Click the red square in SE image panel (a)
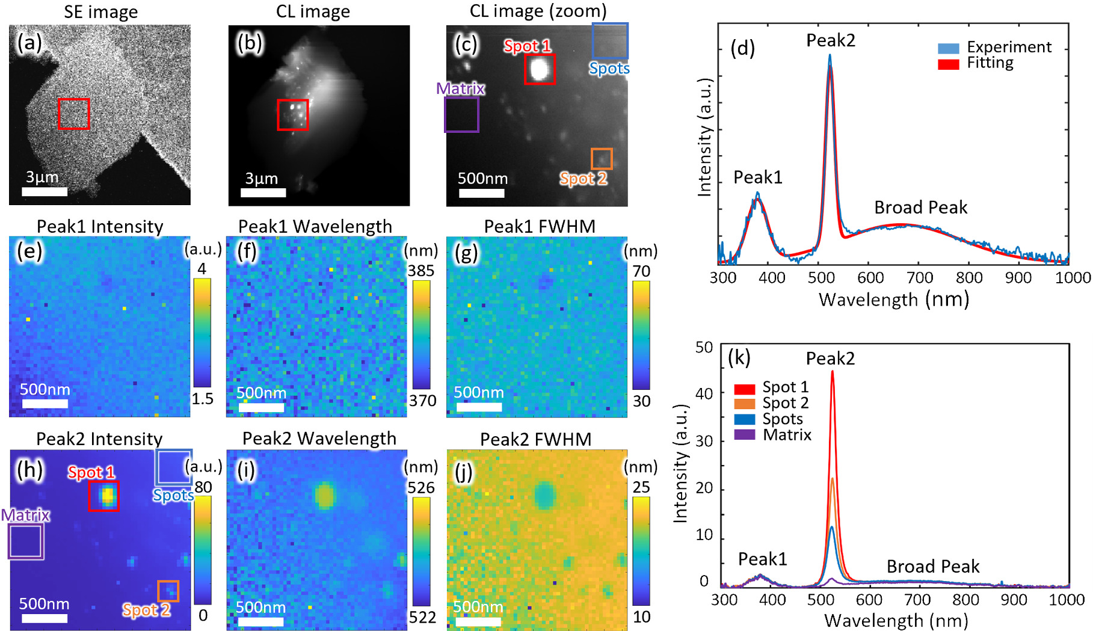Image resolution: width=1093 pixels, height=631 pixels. coord(73,114)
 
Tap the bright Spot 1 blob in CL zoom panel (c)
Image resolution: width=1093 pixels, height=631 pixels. coord(539,69)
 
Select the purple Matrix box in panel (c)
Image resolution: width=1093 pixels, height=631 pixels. coord(461,114)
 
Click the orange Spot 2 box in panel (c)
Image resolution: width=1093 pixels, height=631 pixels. coord(602,159)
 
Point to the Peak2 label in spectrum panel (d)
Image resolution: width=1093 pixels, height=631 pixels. coord(830,40)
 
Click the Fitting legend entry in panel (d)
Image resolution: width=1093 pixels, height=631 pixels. coord(990,63)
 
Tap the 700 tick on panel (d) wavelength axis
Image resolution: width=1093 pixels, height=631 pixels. coord(920,278)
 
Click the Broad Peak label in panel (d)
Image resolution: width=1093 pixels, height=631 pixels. coord(920,208)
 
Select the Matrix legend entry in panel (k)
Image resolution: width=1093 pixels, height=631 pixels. coord(787,434)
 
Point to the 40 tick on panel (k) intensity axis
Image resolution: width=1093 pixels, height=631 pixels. coord(704,394)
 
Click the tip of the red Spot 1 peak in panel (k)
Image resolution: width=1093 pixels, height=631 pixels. coord(833,372)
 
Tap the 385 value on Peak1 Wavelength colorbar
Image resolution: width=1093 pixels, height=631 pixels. coord(421,271)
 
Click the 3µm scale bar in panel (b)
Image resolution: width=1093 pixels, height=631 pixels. coord(263,192)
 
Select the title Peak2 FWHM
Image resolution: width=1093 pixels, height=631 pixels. coord(535,439)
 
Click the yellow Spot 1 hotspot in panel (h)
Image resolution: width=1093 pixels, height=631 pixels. coord(107,495)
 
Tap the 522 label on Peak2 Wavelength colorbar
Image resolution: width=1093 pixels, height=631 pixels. coord(422,617)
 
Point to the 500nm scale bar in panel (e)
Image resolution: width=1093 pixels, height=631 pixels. coord(45,403)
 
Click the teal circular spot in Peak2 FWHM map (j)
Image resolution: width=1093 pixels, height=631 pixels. coord(546,494)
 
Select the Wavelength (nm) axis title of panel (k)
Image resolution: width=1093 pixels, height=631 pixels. coord(896,620)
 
